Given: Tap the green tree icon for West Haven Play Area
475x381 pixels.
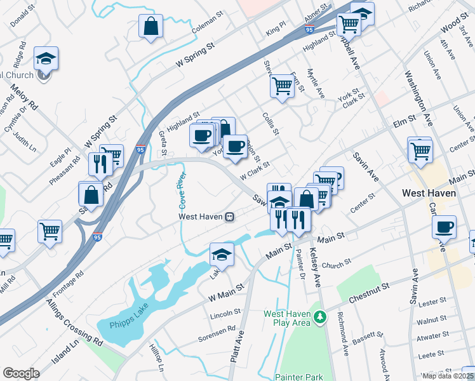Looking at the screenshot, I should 321,316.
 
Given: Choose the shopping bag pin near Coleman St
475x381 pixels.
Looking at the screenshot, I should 151,27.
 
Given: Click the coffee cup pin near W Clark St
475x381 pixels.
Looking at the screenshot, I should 235,145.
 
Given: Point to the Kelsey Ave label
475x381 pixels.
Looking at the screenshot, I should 314,261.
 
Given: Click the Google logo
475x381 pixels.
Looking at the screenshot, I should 21,373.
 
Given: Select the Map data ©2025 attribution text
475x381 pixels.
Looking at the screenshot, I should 448,376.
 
